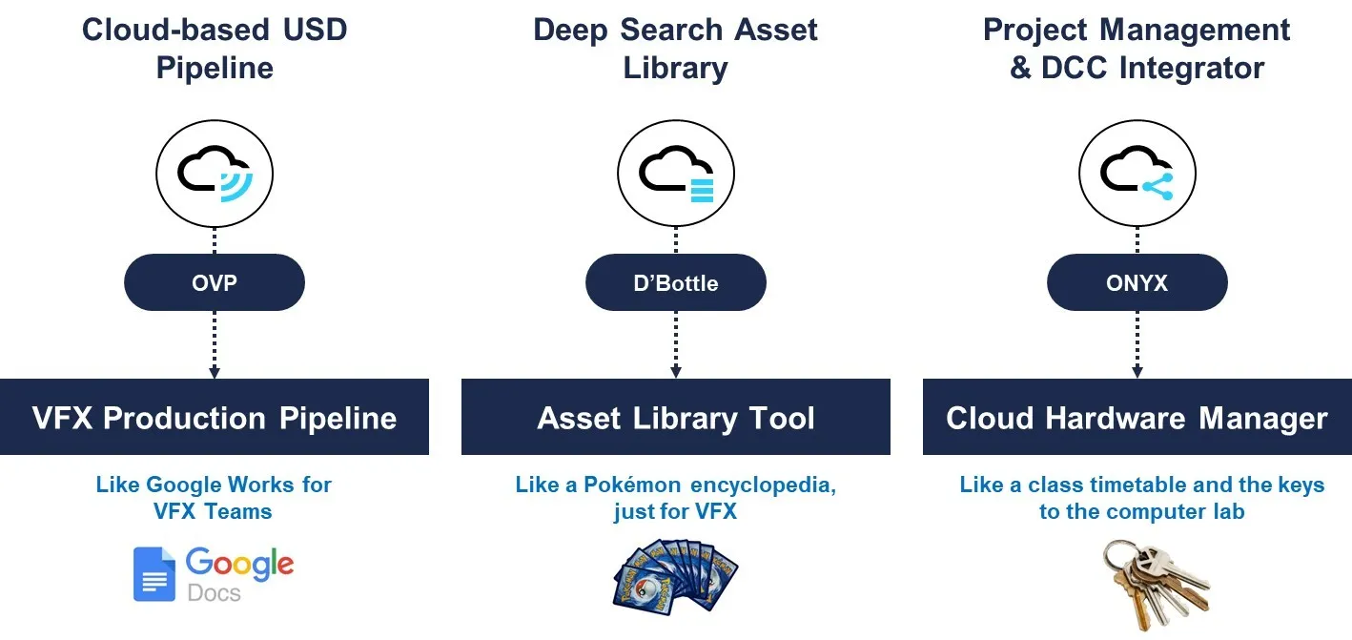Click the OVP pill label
coord(215,282)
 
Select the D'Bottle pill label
coord(676,282)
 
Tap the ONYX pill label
coord(1137,282)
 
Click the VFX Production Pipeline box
coord(215,417)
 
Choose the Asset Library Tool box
coord(676,417)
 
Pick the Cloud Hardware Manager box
coord(1137,417)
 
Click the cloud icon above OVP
coord(215,174)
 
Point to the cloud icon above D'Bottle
coord(676,174)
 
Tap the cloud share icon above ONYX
coord(1137,174)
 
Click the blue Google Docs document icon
coord(154,574)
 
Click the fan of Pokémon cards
coord(675,578)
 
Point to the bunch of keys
coord(1156,585)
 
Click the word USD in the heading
coord(315,31)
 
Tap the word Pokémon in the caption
coord(632,485)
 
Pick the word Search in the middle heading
coord(671,31)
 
